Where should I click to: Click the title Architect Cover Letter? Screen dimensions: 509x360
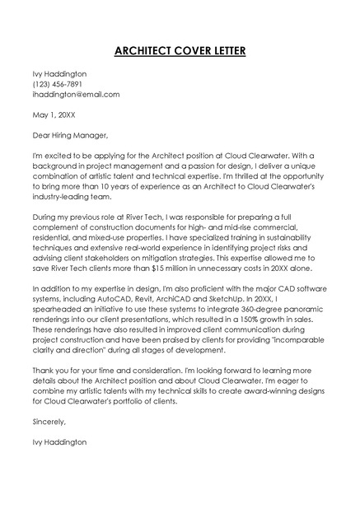click(x=180, y=51)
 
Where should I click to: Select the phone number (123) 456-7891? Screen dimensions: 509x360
click(x=57, y=84)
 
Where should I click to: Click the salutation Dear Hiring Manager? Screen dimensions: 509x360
click(x=70, y=135)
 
